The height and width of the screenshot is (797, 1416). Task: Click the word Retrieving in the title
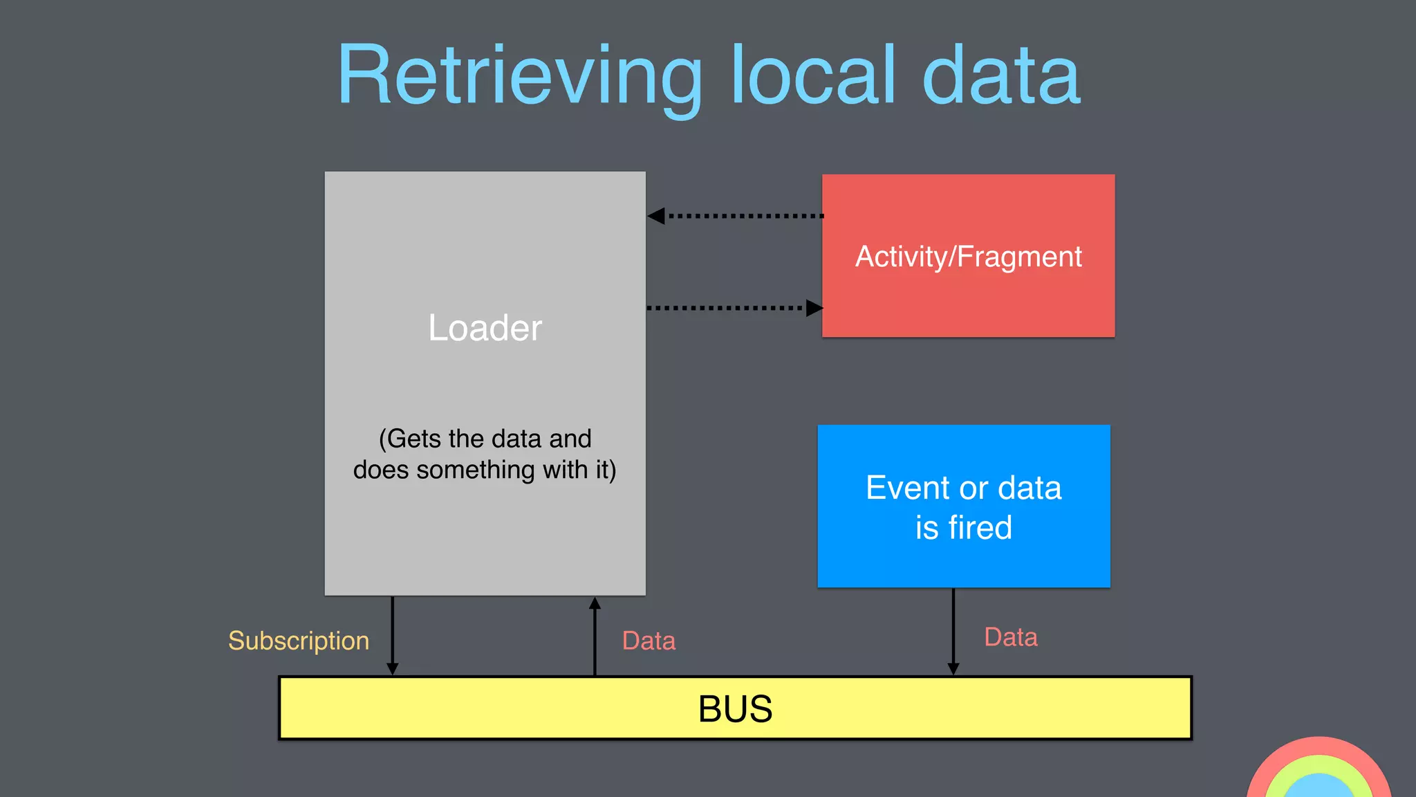(x=519, y=76)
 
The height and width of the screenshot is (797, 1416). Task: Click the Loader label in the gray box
(x=485, y=328)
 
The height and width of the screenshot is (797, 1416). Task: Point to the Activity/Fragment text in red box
(x=968, y=257)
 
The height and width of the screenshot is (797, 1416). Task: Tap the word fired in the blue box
(x=980, y=528)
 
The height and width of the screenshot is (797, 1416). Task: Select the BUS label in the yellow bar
(x=735, y=709)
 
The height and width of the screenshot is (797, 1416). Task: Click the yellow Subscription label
(x=299, y=641)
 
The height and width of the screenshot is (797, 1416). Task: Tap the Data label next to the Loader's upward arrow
(x=649, y=641)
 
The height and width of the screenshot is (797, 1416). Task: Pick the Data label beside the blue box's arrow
(x=1010, y=637)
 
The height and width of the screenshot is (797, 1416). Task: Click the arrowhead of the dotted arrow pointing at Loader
(x=657, y=216)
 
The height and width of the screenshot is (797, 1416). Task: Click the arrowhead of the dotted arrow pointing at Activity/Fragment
(x=814, y=308)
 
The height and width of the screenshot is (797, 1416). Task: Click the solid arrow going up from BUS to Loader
(x=595, y=636)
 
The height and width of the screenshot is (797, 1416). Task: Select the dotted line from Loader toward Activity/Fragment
(x=726, y=308)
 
